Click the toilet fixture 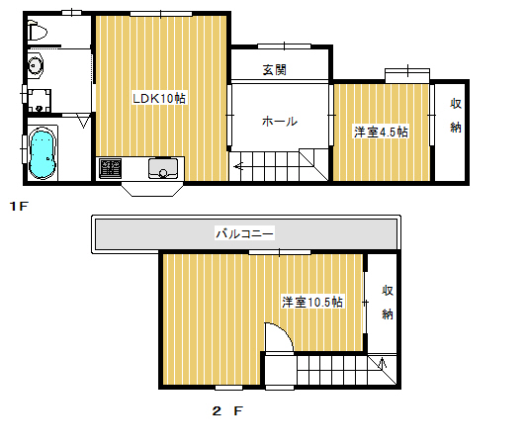tap(37, 31)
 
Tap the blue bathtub tap(42, 153)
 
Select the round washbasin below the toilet tap(35, 65)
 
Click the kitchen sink tap(163, 168)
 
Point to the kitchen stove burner tap(110, 168)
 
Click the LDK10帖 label tap(159, 99)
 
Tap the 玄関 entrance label tap(274, 70)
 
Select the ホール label tap(280, 122)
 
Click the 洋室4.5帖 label tap(381, 132)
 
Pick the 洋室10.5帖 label tap(312, 302)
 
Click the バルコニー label tap(244, 233)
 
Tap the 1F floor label tap(19, 206)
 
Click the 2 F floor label tap(227, 410)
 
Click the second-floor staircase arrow tap(382, 363)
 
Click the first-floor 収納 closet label tap(456, 116)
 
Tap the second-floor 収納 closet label tap(388, 303)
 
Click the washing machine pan tap(39, 101)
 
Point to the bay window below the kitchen tap(153, 189)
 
